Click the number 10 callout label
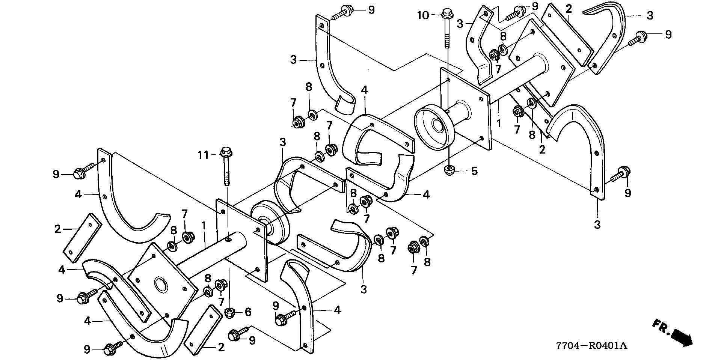pyautogui.click(x=422, y=15)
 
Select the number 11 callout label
pyautogui.click(x=203, y=154)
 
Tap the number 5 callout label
pyautogui.click(x=474, y=172)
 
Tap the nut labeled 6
pyautogui.click(x=229, y=312)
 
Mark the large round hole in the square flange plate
pyautogui.click(x=161, y=284)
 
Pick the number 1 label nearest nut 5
pyautogui.click(x=499, y=124)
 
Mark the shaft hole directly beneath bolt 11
pyautogui.click(x=228, y=239)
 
